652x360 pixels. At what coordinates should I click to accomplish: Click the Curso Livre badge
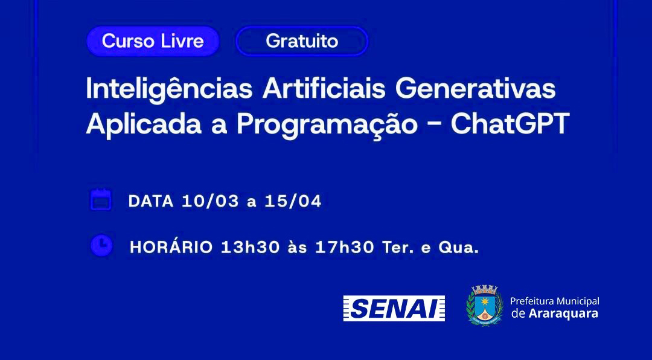click(x=153, y=41)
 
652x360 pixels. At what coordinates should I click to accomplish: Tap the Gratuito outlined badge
click(x=302, y=41)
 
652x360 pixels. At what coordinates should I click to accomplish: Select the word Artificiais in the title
click(x=324, y=88)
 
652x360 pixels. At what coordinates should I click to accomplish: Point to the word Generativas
click(x=476, y=89)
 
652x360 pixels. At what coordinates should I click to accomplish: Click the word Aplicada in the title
click(x=144, y=124)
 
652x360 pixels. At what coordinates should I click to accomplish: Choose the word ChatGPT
click(x=510, y=124)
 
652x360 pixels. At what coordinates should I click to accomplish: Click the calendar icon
click(x=101, y=199)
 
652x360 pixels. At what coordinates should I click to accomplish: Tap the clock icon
click(x=101, y=245)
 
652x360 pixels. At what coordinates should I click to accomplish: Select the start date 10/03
click(x=211, y=201)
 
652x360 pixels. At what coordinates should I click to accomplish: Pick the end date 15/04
click(x=293, y=201)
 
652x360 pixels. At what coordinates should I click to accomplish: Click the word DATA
click(x=151, y=201)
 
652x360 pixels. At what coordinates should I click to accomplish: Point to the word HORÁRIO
click(x=171, y=247)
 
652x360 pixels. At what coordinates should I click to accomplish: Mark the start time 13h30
click(x=251, y=247)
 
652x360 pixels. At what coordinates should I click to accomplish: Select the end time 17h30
click(x=345, y=247)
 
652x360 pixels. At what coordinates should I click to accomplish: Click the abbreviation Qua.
click(x=459, y=248)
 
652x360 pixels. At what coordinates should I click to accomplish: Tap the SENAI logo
click(x=394, y=309)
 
